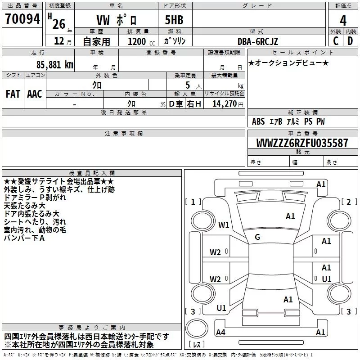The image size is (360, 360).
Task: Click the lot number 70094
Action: (22, 19)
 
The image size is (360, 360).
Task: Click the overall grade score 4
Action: (343, 21)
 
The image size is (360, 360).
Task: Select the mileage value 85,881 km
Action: (54, 64)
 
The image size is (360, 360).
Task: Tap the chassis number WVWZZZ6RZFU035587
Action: (302, 143)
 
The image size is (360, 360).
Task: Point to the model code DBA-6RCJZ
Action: (257, 41)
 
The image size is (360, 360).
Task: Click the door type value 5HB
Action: (174, 20)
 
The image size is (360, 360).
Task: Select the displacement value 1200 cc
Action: (141, 41)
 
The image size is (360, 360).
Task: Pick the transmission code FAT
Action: (13, 94)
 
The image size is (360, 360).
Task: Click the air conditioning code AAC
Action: (35, 94)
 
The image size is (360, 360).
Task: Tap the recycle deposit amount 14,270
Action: (224, 104)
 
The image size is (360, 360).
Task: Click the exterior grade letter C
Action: (336, 41)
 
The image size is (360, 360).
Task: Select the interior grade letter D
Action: (350, 41)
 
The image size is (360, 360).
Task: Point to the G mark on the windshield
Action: (257, 237)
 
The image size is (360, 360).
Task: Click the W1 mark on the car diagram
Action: (224, 225)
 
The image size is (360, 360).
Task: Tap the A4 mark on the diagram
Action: (220, 332)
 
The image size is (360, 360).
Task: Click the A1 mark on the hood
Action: (290, 216)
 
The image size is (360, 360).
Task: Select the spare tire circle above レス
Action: (197, 328)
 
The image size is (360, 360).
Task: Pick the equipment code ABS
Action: (258, 121)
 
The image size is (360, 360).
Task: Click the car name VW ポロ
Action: (117, 20)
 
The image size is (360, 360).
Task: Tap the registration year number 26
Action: (59, 24)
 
